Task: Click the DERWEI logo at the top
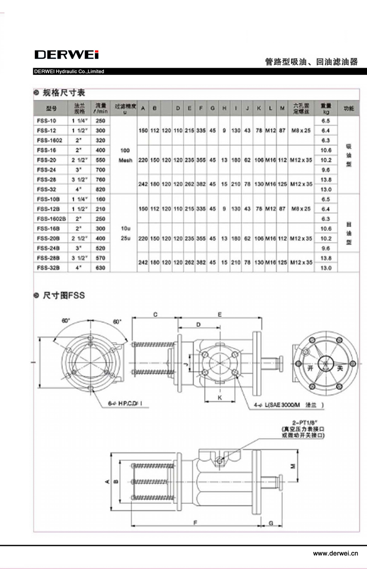[x=67, y=54]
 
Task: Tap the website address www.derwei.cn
[x=336, y=553]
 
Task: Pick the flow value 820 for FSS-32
[x=101, y=189]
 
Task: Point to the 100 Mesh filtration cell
[x=126, y=155]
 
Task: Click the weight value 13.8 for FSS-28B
[x=326, y=258]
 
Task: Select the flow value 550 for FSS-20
[x=101, y=160]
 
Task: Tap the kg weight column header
[x=326, y=107]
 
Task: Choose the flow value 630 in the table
[x=101, y=268]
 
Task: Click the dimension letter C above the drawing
[x=155, y=314]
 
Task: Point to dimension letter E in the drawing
[x=220, y=314]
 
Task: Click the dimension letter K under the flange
[x=220, y=398]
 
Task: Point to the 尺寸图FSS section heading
[x=64, y=295]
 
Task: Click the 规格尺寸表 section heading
[x=64, y=93]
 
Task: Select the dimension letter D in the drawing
[x=198, y=325]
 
